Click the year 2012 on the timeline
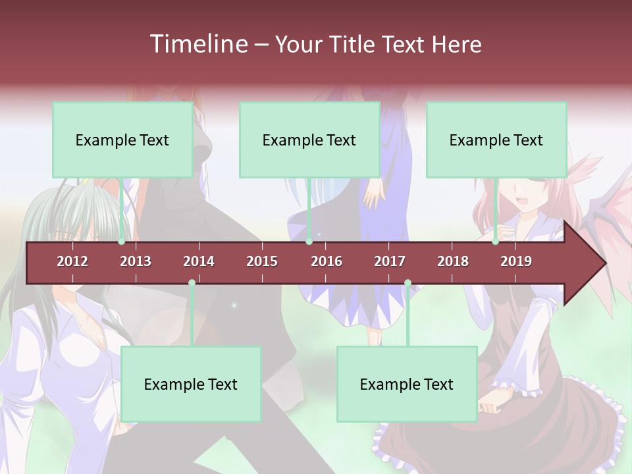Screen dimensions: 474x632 72,261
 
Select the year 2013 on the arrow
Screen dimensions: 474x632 136,261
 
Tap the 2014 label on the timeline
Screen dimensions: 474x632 199,261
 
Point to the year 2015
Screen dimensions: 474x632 262,261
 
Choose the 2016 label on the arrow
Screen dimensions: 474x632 327,261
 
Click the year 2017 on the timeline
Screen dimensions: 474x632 390,261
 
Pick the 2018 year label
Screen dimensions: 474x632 453,261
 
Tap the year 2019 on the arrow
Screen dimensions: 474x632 516,261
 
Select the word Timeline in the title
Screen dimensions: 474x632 198,44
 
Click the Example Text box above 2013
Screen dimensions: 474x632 122,140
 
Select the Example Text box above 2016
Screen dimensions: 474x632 309,140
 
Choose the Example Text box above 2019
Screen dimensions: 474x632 496,140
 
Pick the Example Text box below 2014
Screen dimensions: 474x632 191,384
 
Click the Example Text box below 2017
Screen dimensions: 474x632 407,384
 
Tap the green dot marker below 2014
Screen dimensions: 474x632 192,283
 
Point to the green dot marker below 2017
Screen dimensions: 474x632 408,283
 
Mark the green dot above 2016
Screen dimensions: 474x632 309,242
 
